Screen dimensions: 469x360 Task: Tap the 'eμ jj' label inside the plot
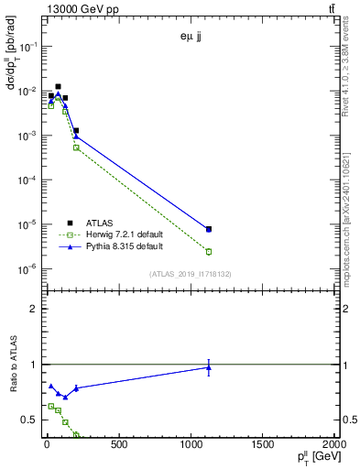(191, 38)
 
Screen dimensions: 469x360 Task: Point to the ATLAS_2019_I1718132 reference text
(191, 274)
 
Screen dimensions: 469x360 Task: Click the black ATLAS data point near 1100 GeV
(209, 229)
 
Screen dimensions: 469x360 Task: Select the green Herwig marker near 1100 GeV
(209, 251)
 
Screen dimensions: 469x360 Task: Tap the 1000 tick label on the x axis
(191, 446)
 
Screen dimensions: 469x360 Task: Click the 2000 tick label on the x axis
(335, 446)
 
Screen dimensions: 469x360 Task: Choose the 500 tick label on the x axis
(118, 446)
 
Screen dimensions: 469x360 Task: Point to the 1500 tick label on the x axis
(264, 446)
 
